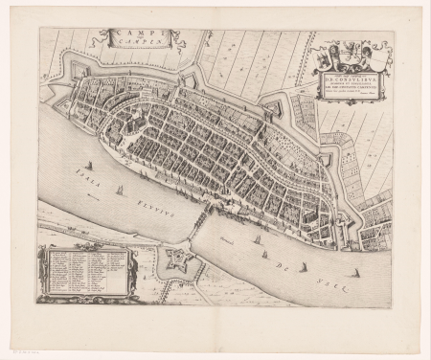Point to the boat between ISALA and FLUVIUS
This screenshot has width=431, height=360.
tap(120, 190)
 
